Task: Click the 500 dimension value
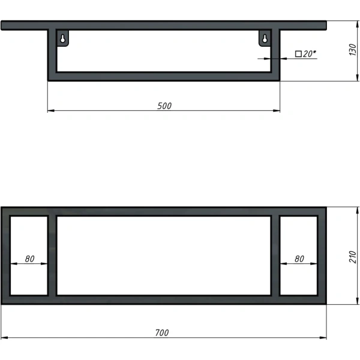click(164, 106)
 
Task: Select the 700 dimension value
click(162, 332)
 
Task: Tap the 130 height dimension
click(353, 49)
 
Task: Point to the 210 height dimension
click(353, 257)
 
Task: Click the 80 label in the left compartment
click(29, 259)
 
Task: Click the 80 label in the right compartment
click(299, 259)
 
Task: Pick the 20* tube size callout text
click(309, 54)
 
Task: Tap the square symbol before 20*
click(298, 54)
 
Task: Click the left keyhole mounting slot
click(62, 38)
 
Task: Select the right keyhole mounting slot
click(265, 38)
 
